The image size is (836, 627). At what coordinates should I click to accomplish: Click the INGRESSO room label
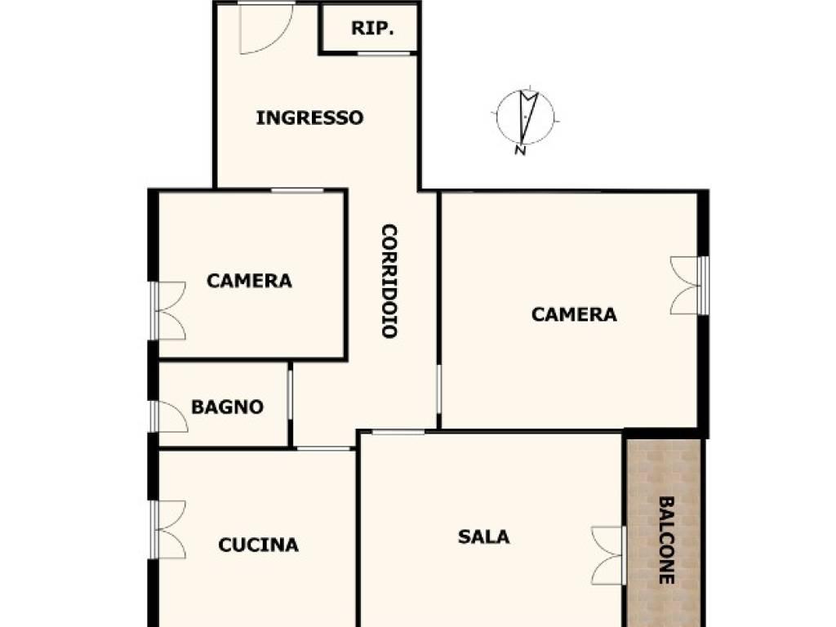click(x=309, y=118)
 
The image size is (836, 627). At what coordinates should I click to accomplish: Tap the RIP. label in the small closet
click(x=372, y=28)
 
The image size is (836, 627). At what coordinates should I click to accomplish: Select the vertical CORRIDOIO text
click(x=390, y=281)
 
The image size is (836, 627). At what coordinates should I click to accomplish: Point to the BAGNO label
click(x=227, y=407)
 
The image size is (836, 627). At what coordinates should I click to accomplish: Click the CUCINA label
click(x=258, y=545)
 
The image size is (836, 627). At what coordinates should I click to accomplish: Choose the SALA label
click(x=483, y=536)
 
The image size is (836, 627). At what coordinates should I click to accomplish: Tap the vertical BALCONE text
click(x=665, y=540)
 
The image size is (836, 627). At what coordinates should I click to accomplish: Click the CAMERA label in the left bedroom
click(x=249, y=281)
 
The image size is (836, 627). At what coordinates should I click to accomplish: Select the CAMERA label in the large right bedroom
click(x=574, y=314)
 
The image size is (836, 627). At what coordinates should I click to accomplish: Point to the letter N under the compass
click(x=520, y=150)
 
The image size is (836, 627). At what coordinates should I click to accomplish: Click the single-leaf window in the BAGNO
click(x=170, y=416)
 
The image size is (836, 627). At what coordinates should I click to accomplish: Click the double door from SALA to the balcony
click(x=609, y=555)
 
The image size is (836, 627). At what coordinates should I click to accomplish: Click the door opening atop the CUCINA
click(x=323, y=448)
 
